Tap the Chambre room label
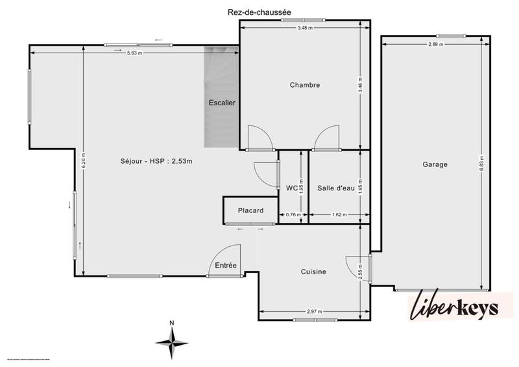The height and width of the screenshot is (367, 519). pyautogui.click(x=305, y=85)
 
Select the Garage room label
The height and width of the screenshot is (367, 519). pyautogui.click(x=434, y=165)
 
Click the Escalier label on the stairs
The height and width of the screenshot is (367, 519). pyautogui.click(x=222, y=103)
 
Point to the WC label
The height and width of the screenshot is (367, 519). pyautogui.click(x=291, y=188)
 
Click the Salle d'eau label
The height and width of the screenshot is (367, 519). pyautogui.click(x=336, y=188)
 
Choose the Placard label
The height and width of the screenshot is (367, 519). pyautogui.click(x=250, y=210)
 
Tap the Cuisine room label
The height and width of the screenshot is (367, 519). pyautogui.click(x=313, y=272)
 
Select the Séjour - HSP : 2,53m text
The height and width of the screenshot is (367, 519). pyautogui.click(x=156, y=161)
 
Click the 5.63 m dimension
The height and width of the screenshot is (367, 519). pyautogui.click(x=134, y=53)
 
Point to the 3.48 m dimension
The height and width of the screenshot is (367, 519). pyautogui.click(x=305, y=28)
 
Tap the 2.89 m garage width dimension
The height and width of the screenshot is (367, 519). pyautogui.click(x=436, y=44)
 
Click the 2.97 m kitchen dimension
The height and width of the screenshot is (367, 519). pyautogui.click(x=314, y=312)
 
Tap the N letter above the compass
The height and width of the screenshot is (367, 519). pyautogui.click(x=171, y=323)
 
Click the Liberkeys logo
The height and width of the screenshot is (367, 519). pyautogui.click(x=454, y=307)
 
